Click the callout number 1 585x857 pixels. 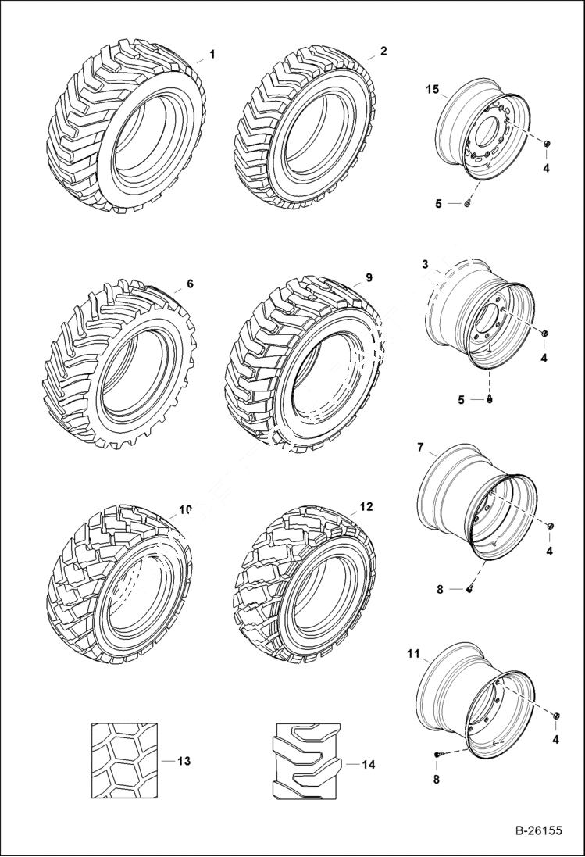point(212,54)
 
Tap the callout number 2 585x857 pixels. point(383,51)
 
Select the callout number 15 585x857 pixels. point(432,91)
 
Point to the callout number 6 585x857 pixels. point(190,284)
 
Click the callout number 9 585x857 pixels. point(369,277)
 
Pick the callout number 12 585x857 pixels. point(366,507)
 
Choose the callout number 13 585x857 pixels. point(184,760)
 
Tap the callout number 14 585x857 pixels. point(368,764)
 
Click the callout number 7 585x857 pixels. point(420,448)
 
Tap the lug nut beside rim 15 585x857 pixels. point(546,145)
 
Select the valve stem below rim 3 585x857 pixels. point(490,400)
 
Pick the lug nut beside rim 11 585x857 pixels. point(555,717)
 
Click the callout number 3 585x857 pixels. point(425,265)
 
